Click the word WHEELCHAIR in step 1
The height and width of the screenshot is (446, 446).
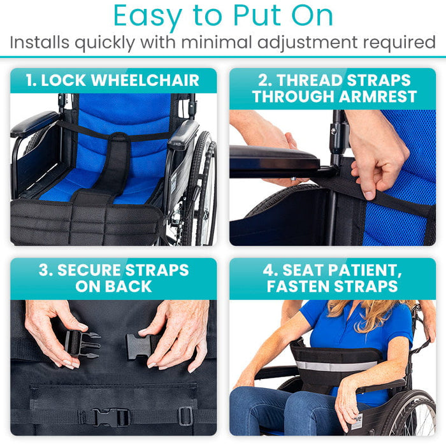[x=145, y=80]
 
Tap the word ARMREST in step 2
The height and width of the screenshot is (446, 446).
[x=378, y=97]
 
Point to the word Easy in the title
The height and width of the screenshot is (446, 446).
[x=148, y=16]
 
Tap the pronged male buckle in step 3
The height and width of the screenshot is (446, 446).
[x=82, y=344]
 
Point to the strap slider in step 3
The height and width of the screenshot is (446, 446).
[x=185, y=416]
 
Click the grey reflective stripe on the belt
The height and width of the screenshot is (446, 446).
[x=336, y=366]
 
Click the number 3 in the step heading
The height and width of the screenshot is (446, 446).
[x=43, y=270]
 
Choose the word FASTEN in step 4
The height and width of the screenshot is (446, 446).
[x=298, y=287]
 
